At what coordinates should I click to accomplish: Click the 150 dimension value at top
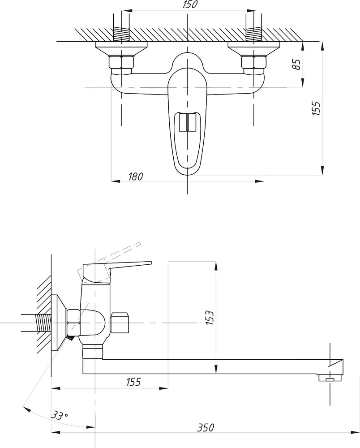[x=189, y=4]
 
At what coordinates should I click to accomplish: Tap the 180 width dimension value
[x=135, y=177]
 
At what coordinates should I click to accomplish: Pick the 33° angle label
[x=60, y=415]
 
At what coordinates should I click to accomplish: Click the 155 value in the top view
[x=316, y=108]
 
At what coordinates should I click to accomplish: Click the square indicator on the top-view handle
[x=187, y=122]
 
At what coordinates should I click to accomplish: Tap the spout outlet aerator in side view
[x=330, y=378]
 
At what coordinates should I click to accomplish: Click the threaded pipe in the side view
[x=43, y=323]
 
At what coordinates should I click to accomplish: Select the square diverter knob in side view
[x=120, y=323]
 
